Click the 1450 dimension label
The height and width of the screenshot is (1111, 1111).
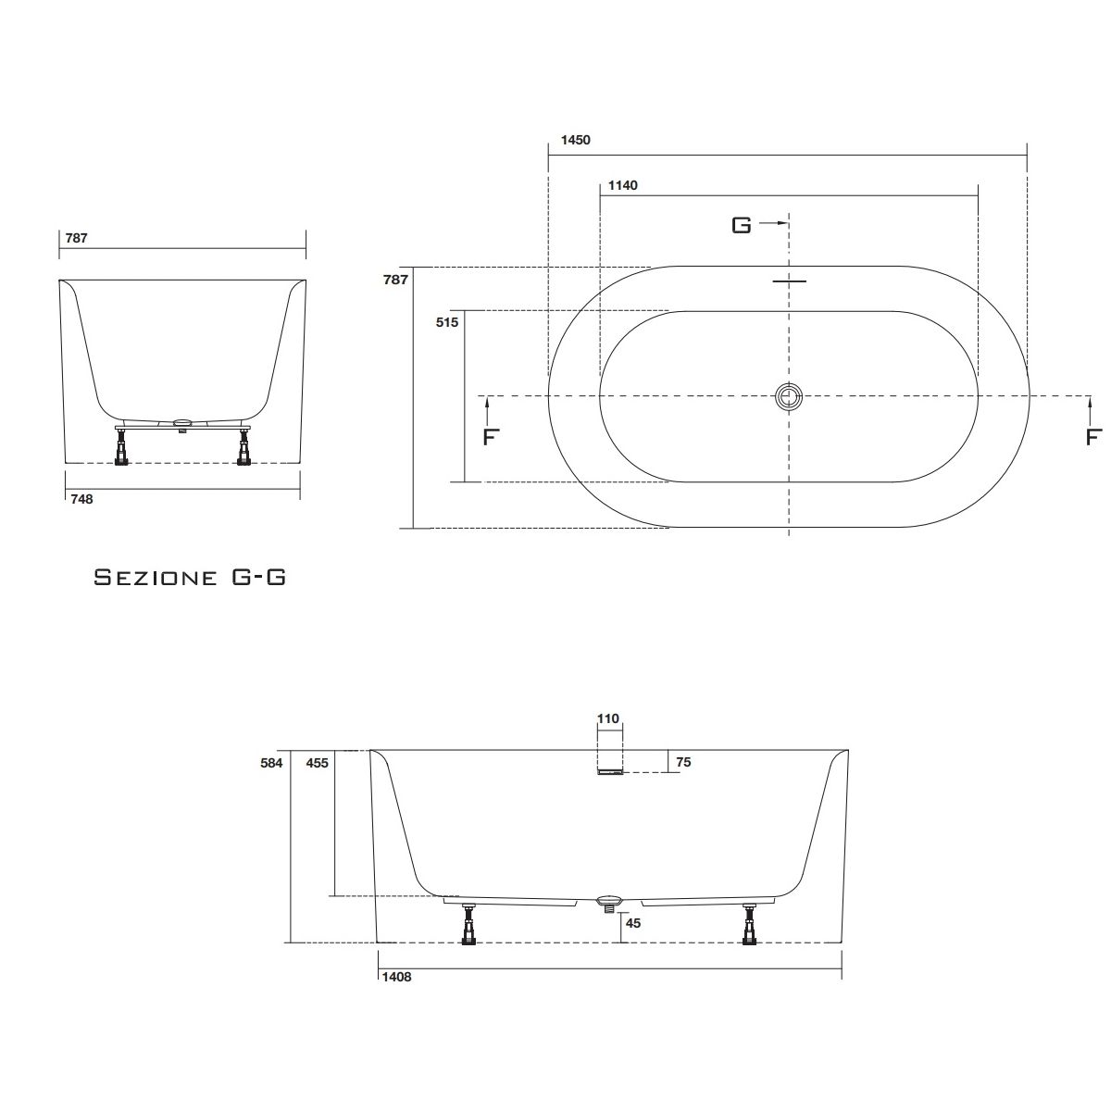(x=575, y=140)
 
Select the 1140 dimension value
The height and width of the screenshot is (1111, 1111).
(x=623, y=185)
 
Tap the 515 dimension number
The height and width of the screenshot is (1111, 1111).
(x=447, y=322)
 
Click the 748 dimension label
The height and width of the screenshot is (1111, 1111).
(x=81, y=499)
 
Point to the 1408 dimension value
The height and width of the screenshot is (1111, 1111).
(x=396, y=977)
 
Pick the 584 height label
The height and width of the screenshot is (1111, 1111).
(x=271, y=763)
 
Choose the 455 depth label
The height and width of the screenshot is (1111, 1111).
(x=318, y=763)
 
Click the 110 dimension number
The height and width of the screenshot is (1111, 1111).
(x=607, y=719)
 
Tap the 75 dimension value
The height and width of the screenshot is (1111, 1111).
(x=683, y=762)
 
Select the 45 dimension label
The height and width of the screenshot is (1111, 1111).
(x=633, y=923)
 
